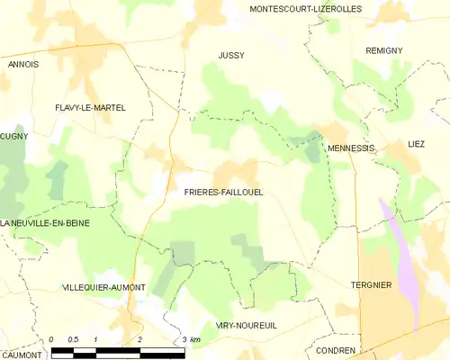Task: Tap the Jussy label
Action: tap(231, 56)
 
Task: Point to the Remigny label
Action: tap(383, 50)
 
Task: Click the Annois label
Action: tap(23, 65)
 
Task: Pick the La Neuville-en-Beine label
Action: tap(45, 222)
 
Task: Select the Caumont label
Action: tap(22, 355)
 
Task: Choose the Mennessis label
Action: tap(351, 147)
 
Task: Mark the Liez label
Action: tap(416, 143)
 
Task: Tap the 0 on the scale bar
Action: tap(51, 339)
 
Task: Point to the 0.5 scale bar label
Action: tap(73, 339)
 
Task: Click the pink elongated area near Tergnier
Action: tap(401, 261)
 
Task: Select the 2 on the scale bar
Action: tap(139, 339)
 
